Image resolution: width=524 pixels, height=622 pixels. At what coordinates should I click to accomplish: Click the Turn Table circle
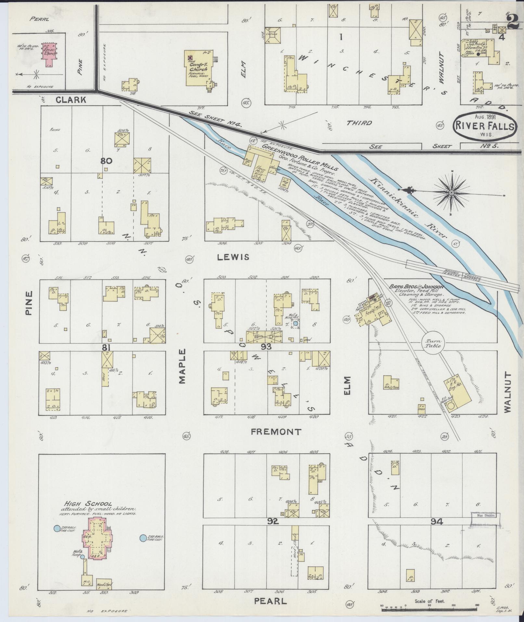[x=433, y=343]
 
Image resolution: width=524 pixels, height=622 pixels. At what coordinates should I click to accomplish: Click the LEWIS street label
[x=233, y=257]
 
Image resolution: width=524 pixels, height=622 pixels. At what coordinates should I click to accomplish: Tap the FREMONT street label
[x=276, y=432]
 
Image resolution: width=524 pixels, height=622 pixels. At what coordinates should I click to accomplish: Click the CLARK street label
[x=71, y=100]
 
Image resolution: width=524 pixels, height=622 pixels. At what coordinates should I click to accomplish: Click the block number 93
[x=266, y=347]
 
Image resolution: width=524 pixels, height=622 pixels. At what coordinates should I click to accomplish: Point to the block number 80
[x=106, y=161]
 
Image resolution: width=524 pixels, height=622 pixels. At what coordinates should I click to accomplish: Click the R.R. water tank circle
[x=451, y=405]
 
